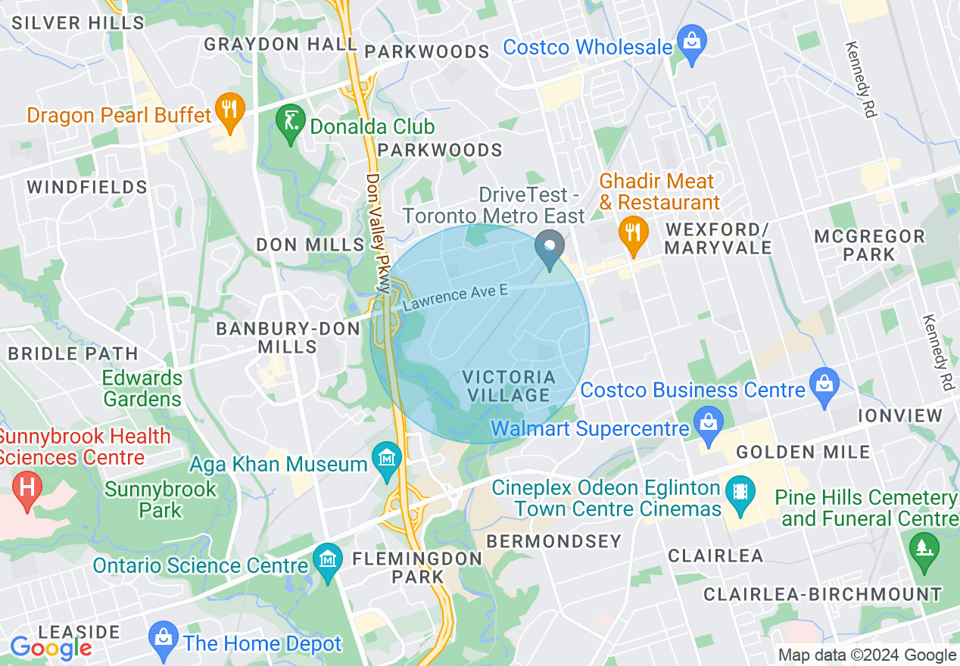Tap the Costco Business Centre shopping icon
tap(824, 384)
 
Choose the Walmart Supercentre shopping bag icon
tap(709, 425)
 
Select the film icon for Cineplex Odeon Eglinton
tap(740, 493)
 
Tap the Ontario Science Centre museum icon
tap(328, 561)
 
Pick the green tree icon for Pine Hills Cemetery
tap(921, 547)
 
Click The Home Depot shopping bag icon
tap(164, 638)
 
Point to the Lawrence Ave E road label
tap(455, 296)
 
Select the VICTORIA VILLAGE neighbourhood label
tap(509, 386)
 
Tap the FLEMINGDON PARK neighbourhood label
tap(417, 568)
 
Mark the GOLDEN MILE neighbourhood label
tap(803, 453)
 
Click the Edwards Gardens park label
tap(143, 388)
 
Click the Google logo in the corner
tap(51, 647)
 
